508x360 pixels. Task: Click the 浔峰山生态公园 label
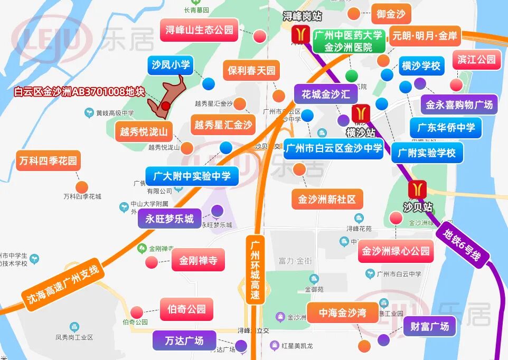click(x=199, y=30)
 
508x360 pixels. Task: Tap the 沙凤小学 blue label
click(x=170, y=65)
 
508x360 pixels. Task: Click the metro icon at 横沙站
click(x=361, y=113)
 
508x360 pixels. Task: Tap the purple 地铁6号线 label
click(x=462, y=244)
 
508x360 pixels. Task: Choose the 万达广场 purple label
click(x=184, y=340)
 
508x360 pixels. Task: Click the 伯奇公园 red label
click(x=186, y=309)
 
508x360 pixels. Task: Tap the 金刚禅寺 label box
click(x=198, y=260)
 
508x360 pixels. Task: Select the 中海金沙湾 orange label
click(x=342, y=313)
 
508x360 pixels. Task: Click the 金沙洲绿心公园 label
click(x=396, y=251)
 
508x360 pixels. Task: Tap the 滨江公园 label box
click(x=476, y=60)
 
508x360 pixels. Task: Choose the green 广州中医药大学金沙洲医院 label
click(x=347, y=41)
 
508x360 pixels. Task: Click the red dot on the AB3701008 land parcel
click(x=166, y=106)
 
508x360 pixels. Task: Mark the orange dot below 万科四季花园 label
click(x=82, y=187)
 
